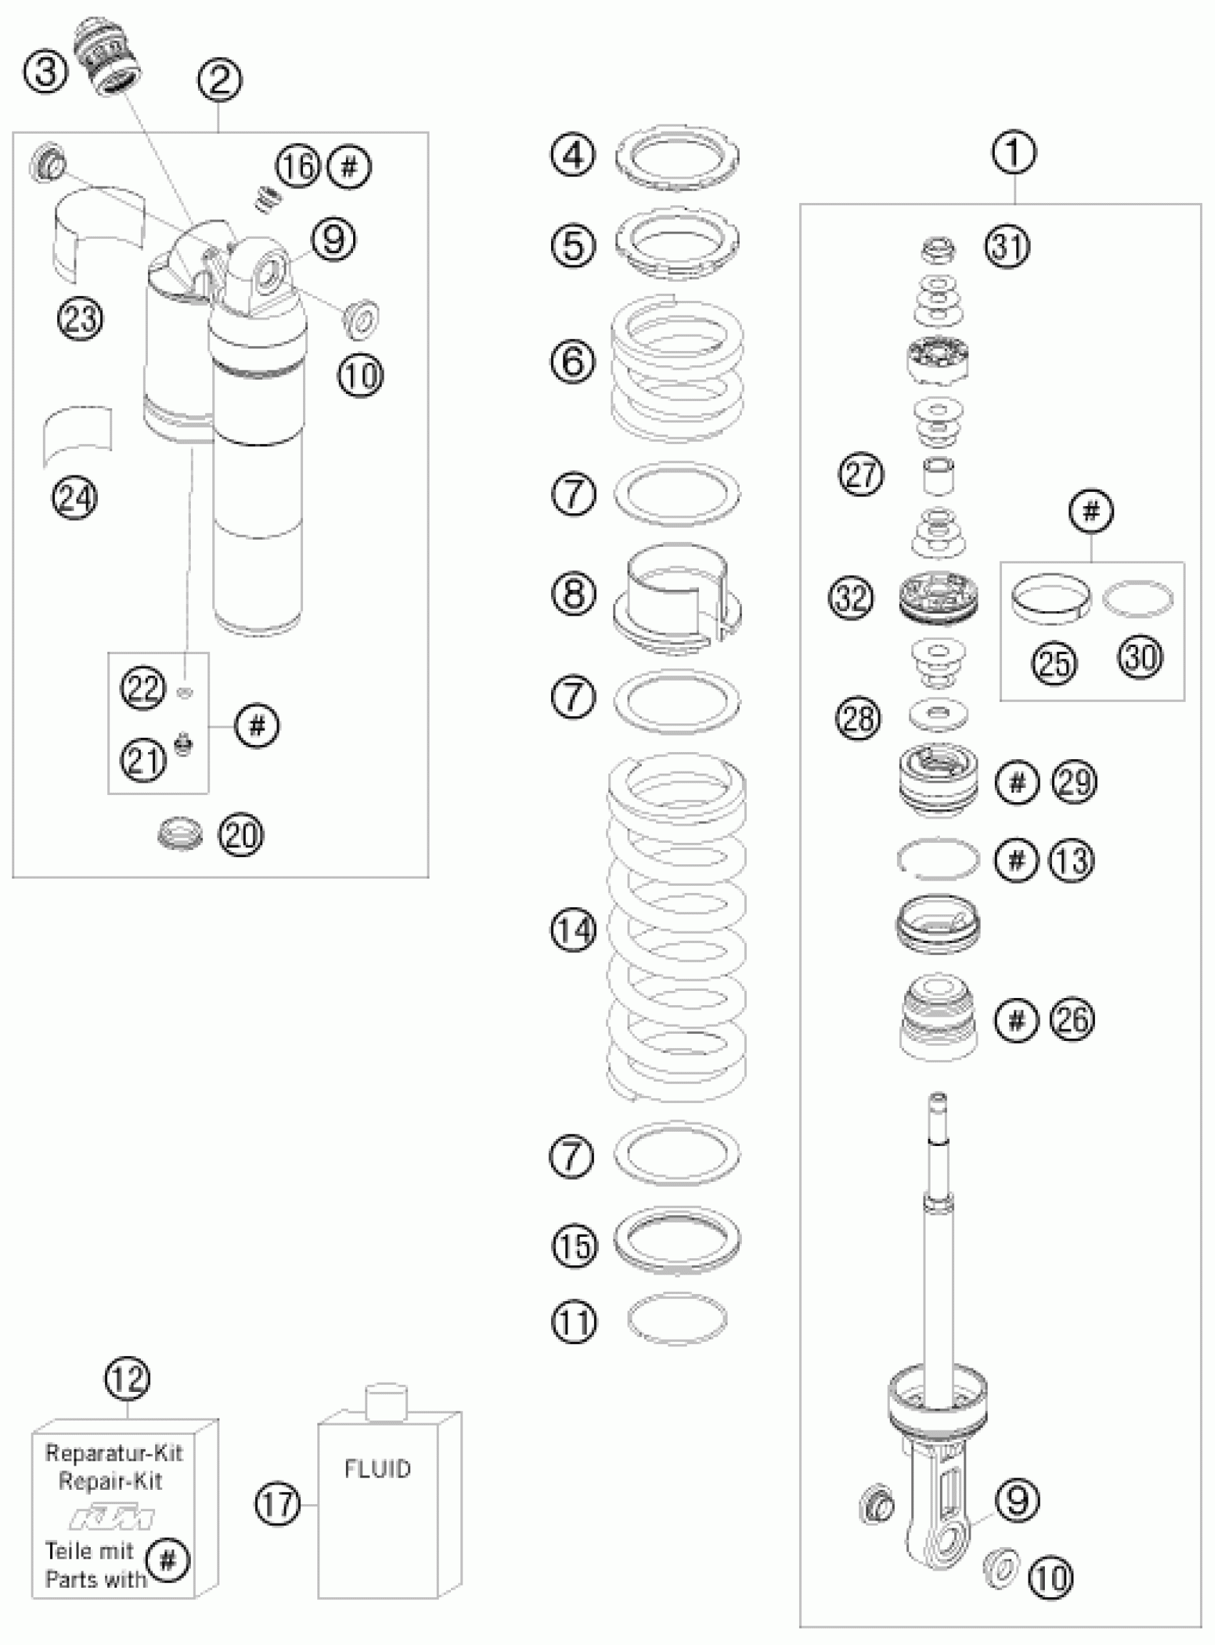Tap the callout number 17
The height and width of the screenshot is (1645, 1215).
point(278,1504)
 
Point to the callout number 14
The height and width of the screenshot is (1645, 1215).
point(573,931)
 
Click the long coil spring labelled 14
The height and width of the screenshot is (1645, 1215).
point(677,927)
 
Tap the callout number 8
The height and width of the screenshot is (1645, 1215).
point(573,593)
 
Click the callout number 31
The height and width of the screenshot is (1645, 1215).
point(1008,247)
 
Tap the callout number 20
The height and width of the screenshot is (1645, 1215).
point(241,835)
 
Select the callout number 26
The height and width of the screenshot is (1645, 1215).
point(1073,1019)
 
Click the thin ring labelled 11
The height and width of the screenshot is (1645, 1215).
point(677,1318)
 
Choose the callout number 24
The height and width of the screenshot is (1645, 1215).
point(74,498)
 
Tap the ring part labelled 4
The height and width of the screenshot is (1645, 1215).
point(677,156)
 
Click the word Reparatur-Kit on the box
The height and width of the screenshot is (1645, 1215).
point(113,1452)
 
